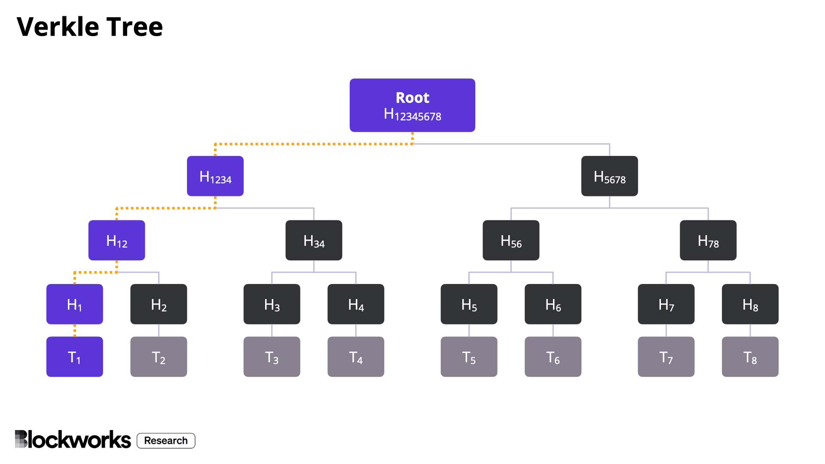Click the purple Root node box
point(412,105)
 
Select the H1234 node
point(215,176)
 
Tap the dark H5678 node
point(609,176)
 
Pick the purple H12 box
point(116,240)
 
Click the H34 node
point(314,240)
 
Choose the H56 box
point(511,240)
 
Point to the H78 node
point(708,240)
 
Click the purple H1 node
point(75,304)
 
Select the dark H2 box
point(159,304)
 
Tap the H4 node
point(356,304)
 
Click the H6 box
point(553,304)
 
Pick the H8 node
point(750,304)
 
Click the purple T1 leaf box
point(75,357)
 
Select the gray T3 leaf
point(272,357)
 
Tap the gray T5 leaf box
point(469,357)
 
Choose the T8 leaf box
point(750,357)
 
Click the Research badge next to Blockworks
point(166,441)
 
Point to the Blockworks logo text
point(73,440)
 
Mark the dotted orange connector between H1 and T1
point(75,330)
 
